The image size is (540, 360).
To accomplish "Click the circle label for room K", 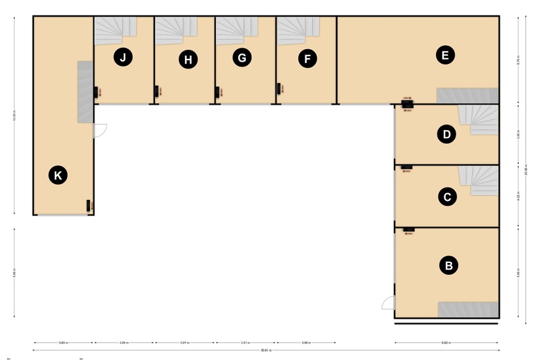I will (58, 176).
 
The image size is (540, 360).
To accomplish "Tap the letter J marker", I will (123, 57).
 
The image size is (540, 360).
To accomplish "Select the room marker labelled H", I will (187, 60).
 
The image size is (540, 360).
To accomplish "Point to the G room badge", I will (242, 57).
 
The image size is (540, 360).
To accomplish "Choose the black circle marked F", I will (307, 60).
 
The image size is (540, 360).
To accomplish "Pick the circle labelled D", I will (447, 134).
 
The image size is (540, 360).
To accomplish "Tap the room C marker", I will (447, 197).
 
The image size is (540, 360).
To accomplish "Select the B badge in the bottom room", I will (449, 264).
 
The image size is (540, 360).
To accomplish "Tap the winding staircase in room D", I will (483, 119).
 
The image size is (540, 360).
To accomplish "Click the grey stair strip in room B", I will (468, 309).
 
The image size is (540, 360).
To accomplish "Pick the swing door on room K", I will (100, 130).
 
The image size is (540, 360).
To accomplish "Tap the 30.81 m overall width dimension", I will (266, 350).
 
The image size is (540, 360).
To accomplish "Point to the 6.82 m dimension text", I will (447, 342).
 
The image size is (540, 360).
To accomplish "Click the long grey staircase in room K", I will (84, 92).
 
